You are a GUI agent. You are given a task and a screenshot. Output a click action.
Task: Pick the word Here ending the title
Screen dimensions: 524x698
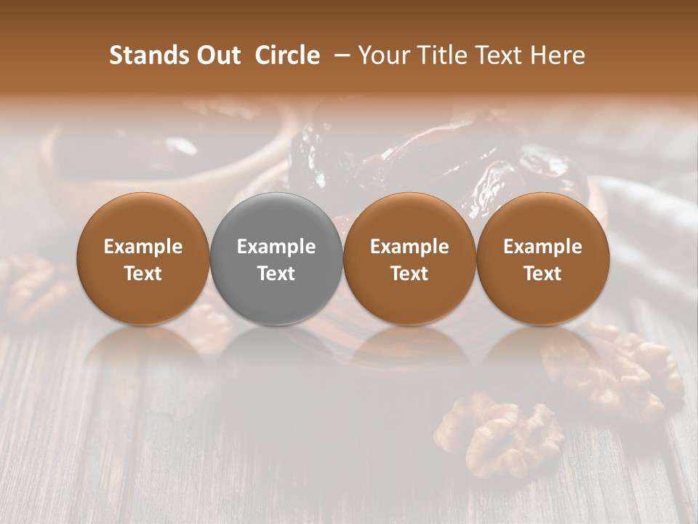click(560, 55)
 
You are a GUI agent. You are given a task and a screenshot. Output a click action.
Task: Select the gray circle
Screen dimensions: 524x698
click(276, 258)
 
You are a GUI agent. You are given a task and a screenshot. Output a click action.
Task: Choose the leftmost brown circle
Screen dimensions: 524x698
click(143, 258)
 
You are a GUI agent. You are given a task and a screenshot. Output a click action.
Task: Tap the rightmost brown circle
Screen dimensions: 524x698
click(542, 258)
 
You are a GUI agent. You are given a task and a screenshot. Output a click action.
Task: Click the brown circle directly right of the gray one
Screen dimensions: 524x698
click(409, 258)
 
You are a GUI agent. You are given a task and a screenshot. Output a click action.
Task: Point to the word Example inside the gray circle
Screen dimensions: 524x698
click(276, 247)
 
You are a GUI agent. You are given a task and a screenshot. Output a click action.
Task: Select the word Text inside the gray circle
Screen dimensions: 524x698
click(276, 274)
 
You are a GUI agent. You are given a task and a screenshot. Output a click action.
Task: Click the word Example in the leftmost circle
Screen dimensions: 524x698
click(143, 247)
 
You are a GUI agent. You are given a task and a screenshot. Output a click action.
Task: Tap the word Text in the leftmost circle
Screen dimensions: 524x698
click(143, 274)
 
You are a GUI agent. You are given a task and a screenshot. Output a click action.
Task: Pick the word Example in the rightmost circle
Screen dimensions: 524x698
click(542, 247)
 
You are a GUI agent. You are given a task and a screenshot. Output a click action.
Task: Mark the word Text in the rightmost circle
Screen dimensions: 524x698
click(542, 274)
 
